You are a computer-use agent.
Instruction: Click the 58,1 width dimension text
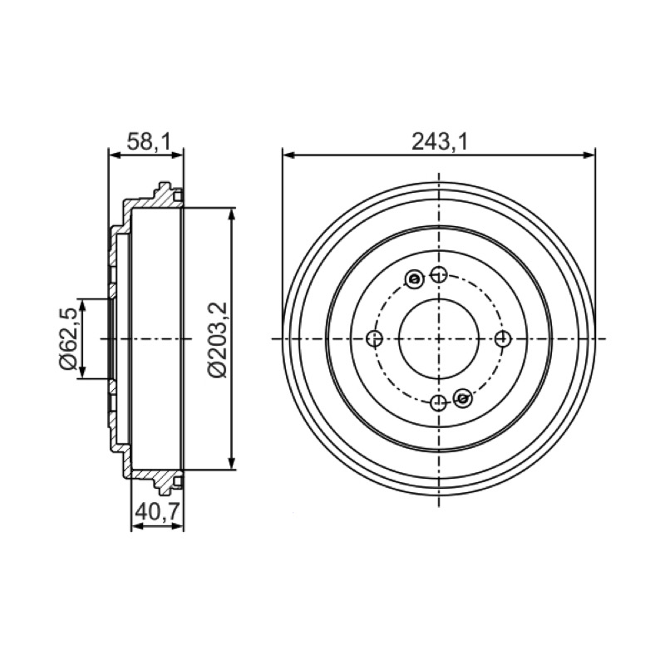click(x=149, y=142)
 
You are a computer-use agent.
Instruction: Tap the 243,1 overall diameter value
click(x=440, y=141)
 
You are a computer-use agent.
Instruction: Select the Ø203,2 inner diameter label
click(x=219, y=339)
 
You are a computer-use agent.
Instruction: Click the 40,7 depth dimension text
click(x=158, y=512)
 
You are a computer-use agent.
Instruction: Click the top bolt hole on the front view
click(x=439, y=275)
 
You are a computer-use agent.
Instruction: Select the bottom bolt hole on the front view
click(x=439, y=402)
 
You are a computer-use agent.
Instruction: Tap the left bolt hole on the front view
click(x=375, y=338)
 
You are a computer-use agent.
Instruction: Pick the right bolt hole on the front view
click(x=503, y=338)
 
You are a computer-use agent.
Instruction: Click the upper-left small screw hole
click(x=414, y=279)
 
